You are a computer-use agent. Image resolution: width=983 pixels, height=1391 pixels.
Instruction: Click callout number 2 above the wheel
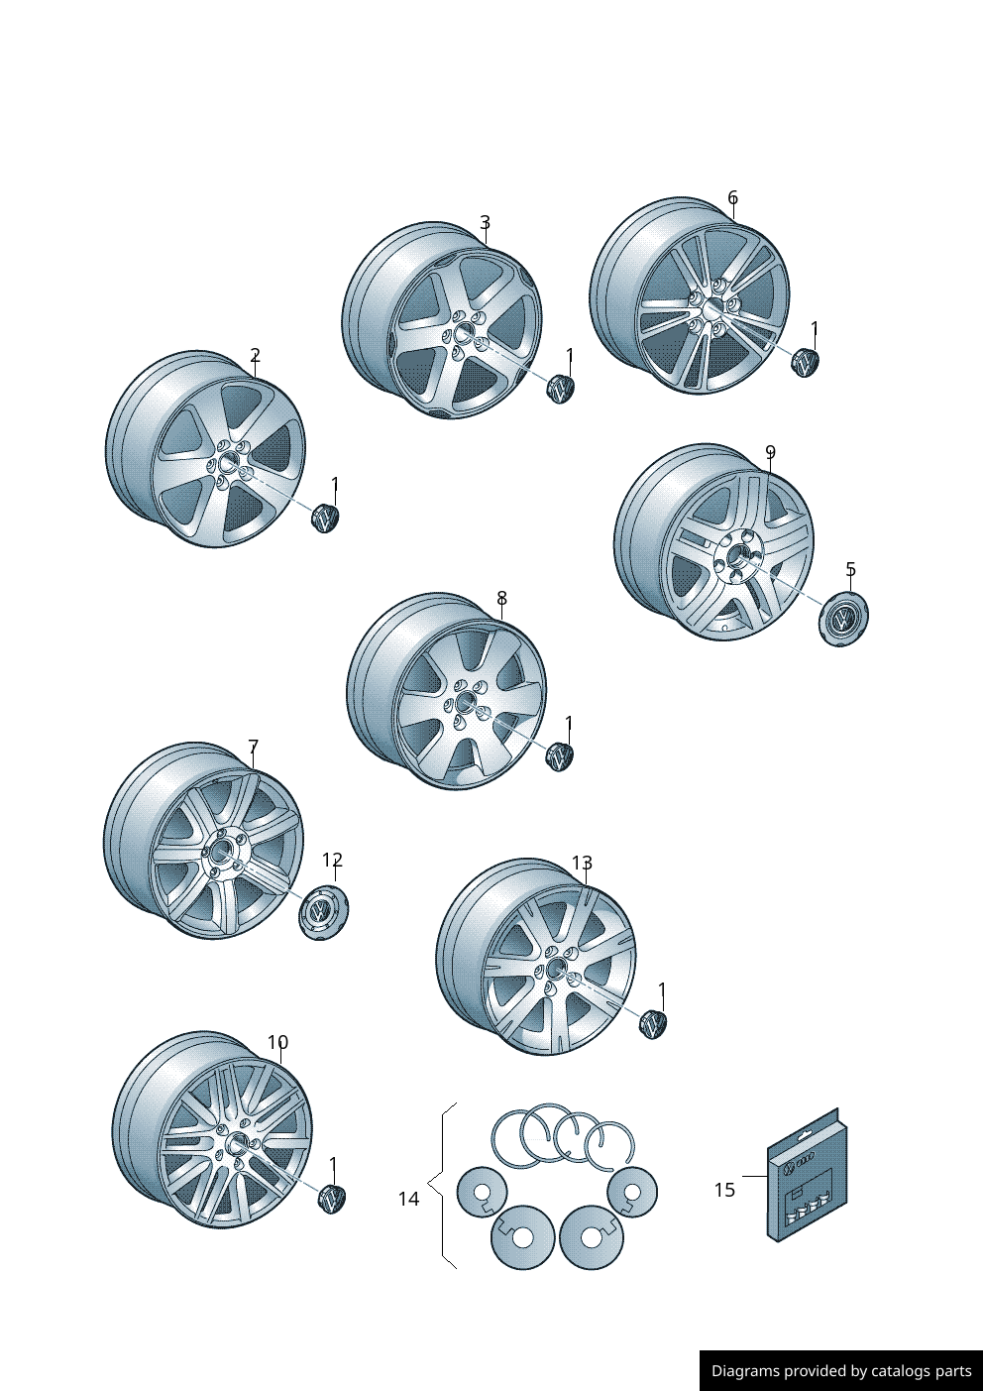[x=255, y=355]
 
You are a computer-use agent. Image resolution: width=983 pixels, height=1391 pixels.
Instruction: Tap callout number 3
[x=486, y=222]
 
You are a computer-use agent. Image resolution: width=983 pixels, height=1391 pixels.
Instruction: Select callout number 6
[x=733, y=198]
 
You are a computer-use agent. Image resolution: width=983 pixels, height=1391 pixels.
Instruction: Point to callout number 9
[x=770, y=451]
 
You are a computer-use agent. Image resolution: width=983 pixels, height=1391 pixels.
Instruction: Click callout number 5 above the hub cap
[x=851, y=569]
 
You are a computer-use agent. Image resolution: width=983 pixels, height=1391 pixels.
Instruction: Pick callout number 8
[x=502, y=598]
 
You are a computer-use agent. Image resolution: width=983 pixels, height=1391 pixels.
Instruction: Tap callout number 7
[x=254, y=747]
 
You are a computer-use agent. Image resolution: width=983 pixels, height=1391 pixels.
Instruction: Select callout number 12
[x=333, y=860]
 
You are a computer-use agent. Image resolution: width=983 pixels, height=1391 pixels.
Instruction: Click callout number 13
[x=582, y=864]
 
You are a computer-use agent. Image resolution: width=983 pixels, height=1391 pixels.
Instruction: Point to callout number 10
[x=278, y=1042]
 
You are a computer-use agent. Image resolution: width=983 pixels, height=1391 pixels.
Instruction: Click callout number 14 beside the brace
[x=409, y=1199]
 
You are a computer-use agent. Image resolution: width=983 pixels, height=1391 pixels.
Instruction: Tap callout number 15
[x=724, y=1190]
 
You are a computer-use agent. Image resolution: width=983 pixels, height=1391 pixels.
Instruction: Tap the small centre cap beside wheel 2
[x=325, y=518]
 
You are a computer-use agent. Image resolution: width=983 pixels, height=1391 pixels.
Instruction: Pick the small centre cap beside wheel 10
[x=331, y=1199]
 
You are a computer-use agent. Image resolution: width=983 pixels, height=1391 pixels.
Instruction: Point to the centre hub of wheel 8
[x=464, y=703]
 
